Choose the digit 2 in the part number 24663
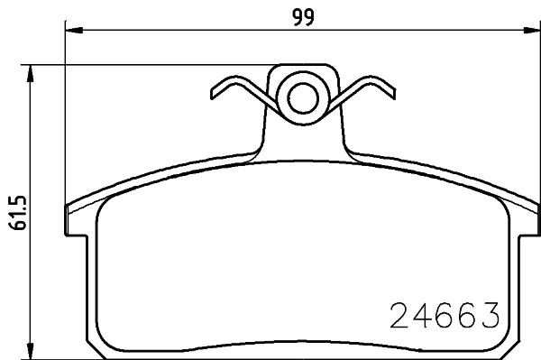pos(399,316)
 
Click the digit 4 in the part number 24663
pos(422,316)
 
